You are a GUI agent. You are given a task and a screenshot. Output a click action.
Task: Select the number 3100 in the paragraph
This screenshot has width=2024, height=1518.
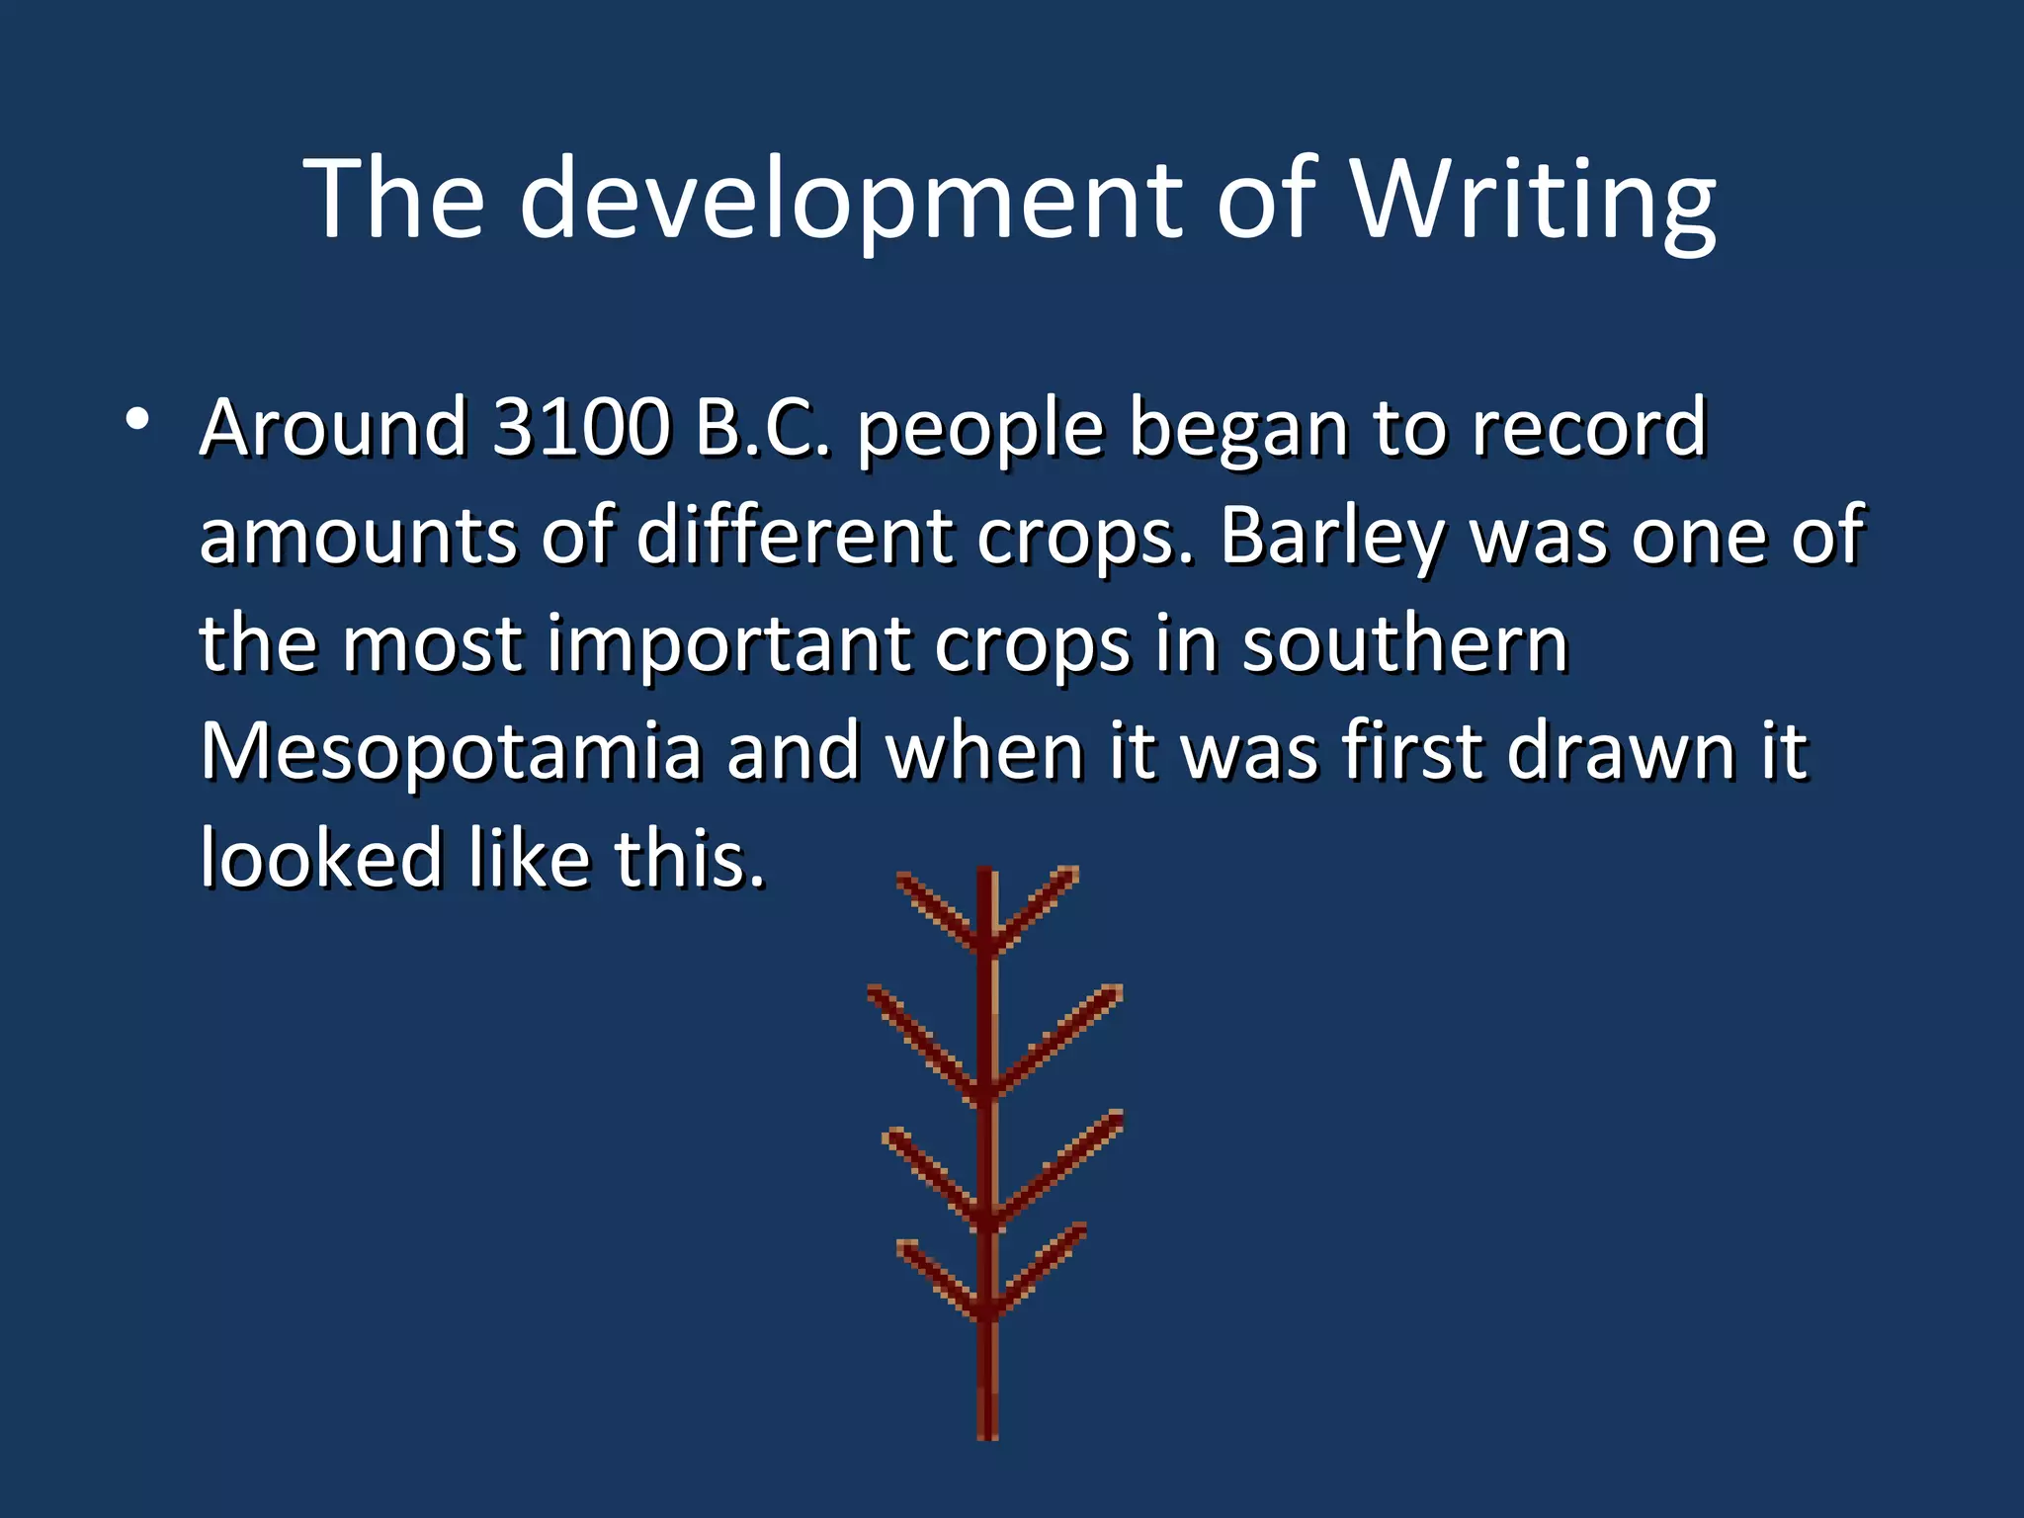pos(581,427)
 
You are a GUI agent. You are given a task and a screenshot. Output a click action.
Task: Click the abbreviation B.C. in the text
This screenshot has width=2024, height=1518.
pos(763,427)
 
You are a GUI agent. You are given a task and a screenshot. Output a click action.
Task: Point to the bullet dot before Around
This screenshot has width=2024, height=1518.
pos(137,420)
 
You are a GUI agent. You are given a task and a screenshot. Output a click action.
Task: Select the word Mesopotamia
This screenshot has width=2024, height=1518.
pos(451,751)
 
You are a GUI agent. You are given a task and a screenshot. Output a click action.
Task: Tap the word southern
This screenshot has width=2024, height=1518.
pos(1404,643)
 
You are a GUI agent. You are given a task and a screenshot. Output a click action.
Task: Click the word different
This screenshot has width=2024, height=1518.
pos(794,536)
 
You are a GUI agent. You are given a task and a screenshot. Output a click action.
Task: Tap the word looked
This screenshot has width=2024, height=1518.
pos(321,858)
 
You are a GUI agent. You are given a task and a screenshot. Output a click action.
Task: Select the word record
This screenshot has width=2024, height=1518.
pos(1588,427)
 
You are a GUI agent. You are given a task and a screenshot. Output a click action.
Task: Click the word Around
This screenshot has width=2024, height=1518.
pos(333,427)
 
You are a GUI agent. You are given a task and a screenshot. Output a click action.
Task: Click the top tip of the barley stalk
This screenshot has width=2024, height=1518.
pos(986,874)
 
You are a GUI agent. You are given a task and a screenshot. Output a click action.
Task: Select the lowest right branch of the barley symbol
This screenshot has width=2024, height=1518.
pos(1043,1269)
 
